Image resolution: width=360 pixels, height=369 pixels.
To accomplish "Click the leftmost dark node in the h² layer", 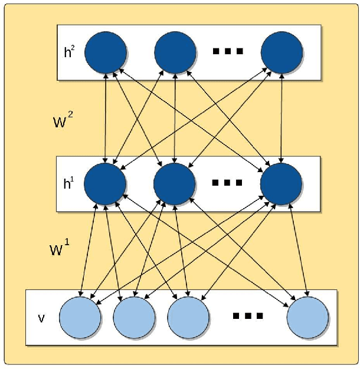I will click(106, 51).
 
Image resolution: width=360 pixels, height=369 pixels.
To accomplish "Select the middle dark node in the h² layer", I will click(175, 51).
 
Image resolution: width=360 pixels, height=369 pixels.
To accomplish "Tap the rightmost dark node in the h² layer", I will click(282, 51).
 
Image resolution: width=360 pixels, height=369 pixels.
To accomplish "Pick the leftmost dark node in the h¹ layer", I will click(106, 183).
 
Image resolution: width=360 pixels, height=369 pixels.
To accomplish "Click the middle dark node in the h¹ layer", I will click(175, 183).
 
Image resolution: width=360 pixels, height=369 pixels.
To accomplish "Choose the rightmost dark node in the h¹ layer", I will click(281, 183).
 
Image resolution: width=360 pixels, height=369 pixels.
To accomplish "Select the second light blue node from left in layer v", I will click(133, 317).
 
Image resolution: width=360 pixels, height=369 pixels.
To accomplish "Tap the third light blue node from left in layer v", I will click(188, 317).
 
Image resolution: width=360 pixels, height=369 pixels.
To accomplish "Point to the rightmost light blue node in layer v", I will click(307, 317).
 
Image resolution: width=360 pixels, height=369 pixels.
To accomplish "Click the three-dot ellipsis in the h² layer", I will click(228, 51).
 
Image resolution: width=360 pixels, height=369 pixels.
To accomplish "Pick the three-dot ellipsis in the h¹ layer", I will click(228, 183).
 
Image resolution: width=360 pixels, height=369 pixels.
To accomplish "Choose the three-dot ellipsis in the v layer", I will click(247, 317).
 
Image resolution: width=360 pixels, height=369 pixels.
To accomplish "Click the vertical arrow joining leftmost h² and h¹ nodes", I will click(106, 117).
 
